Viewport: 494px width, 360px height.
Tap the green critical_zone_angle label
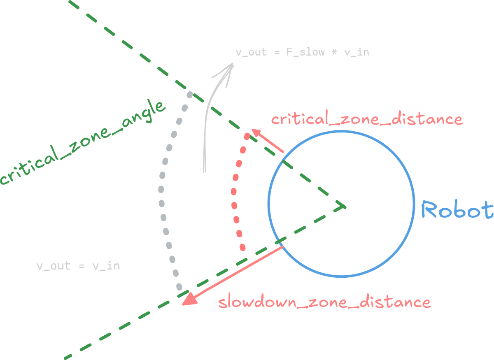click(82, 142)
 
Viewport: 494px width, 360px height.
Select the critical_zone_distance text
click(366, 119)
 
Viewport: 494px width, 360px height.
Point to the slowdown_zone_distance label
click(324, 302)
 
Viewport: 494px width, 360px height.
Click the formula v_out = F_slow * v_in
click(302, 52)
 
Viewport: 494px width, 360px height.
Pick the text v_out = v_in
click(78, 266)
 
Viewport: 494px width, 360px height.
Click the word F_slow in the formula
click(305, 52)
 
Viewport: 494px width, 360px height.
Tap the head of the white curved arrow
click(228, 70)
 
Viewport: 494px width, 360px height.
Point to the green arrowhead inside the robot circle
click(341, 206)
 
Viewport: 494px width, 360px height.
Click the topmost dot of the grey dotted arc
click(190, 95)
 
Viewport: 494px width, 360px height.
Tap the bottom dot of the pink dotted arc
click(242, 248)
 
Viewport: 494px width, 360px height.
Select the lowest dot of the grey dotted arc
click(179, 287)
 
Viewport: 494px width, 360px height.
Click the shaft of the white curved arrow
click(205, 136)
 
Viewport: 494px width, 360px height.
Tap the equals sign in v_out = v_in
click(82, 266)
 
